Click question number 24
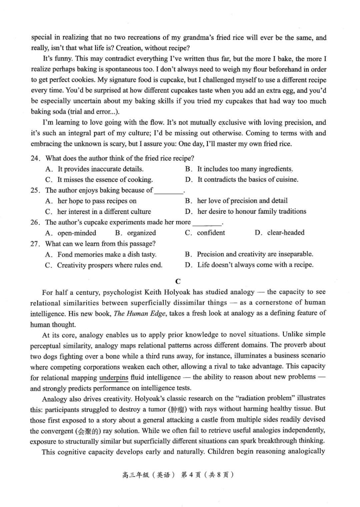coord(35,158)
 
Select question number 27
coord(35,244)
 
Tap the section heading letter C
coord(178,281)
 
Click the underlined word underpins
coord(114,377)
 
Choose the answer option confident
coord(211,233)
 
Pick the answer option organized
coord(141,233)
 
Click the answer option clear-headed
coord(285,233)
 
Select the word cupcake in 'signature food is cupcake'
coord(172,80)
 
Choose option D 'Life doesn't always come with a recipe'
coord(255,265)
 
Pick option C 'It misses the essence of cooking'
coord(105,180)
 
